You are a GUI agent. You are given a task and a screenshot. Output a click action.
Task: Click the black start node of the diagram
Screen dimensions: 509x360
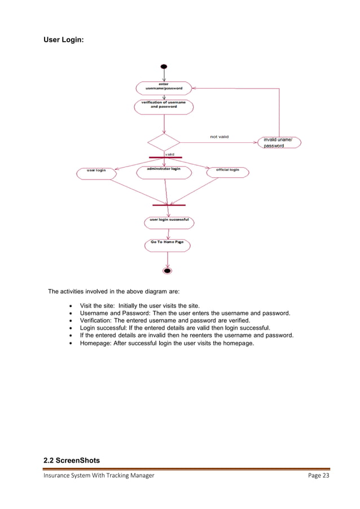coord(164,67)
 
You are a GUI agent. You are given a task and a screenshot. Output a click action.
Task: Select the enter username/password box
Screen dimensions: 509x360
coord(164,87)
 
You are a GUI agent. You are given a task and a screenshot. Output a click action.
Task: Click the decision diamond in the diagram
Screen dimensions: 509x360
coord(164,142)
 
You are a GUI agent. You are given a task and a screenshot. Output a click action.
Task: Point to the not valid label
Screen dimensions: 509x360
coord(219,137)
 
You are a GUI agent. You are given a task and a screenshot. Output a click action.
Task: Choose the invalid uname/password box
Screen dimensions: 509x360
coord(279,142)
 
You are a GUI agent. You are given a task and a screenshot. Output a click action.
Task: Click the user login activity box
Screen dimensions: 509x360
coord(96,172)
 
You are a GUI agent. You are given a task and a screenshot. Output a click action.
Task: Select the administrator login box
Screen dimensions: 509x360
coord(164,172)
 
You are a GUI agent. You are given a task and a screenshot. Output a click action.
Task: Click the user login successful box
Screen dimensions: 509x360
coord(169,222)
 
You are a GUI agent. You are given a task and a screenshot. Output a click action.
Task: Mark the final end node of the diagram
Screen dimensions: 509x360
coord(167,271)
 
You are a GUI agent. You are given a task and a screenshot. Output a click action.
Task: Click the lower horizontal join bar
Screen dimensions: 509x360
coord(169,205)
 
